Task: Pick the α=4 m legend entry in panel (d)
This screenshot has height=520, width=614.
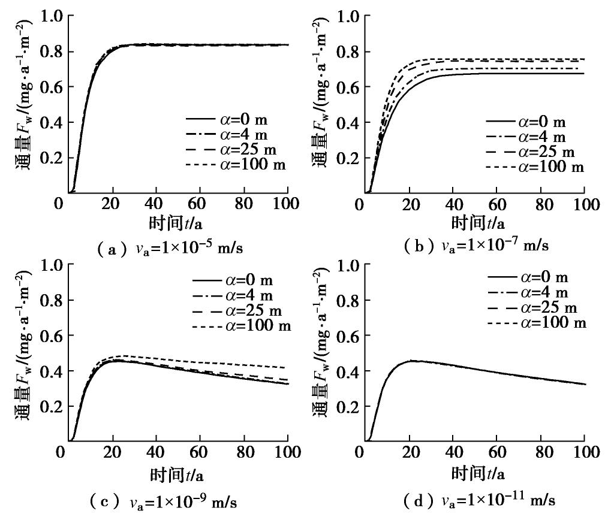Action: coord(528,293)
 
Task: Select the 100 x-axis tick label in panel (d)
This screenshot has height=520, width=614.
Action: coord(583,453)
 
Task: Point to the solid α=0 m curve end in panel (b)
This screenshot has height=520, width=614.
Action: coord(583,73)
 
